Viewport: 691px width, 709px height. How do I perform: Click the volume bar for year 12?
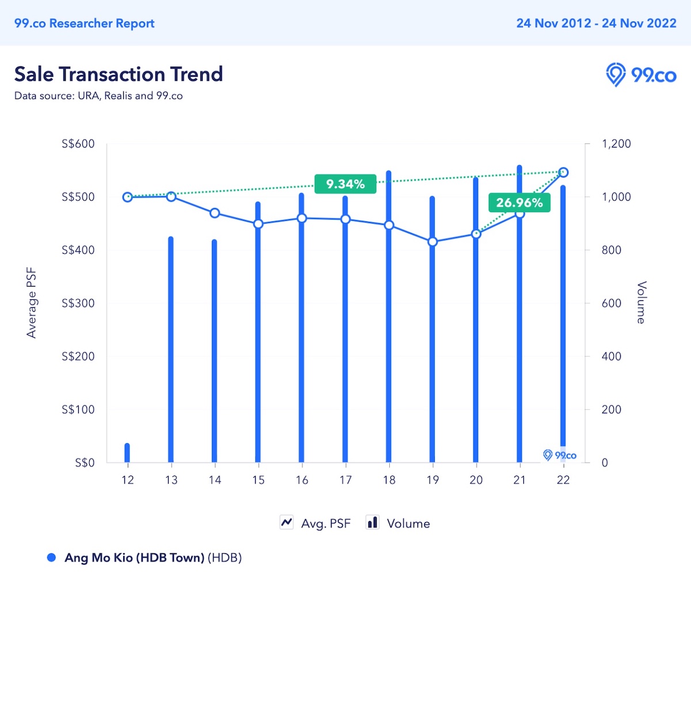(x=127, y=453)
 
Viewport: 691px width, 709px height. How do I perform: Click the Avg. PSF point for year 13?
(x=171, y=197)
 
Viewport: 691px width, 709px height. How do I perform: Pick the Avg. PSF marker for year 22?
(x=563, y=172)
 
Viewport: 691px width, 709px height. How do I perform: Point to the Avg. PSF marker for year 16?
(x=302, y=218)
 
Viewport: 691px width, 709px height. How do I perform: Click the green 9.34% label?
(x=345, y=184)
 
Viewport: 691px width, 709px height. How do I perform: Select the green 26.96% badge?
(x=519, y=202)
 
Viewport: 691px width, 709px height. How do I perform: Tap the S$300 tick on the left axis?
(x=78, y=303)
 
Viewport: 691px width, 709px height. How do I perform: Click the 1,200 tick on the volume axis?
(x=616, y=144)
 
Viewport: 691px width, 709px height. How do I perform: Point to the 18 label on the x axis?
(x=389, y=480)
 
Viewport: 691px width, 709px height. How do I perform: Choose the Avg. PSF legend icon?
(x=287, y=522)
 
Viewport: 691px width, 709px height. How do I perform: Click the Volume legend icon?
(x=373, y=522)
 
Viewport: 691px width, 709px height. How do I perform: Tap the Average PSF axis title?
(x=31, y=303)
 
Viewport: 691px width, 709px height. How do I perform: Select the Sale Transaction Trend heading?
(x=119, y=74)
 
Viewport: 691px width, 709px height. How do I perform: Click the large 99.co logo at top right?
(x=641, y=75)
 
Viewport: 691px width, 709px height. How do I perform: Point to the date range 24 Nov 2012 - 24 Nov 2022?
(x=596, y=23)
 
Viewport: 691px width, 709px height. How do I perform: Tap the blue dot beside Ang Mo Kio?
(x=51, y=557)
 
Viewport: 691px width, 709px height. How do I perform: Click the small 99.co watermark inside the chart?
(x=560, y=455)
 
